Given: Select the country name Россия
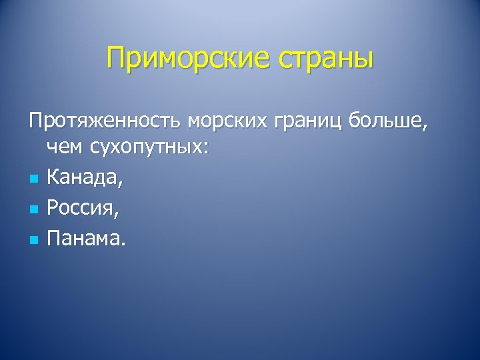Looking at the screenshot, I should pyautogui.click(x=81, y=207).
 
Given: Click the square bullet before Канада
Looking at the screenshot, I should pyautogui.click(x=33, y=179).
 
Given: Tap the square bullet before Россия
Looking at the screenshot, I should pyautogui.click(x=33, y=209).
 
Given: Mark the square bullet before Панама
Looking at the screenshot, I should pyautogui.click(x=33, y=238).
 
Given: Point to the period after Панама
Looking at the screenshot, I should pyautogui.click(x=121, y=243).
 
